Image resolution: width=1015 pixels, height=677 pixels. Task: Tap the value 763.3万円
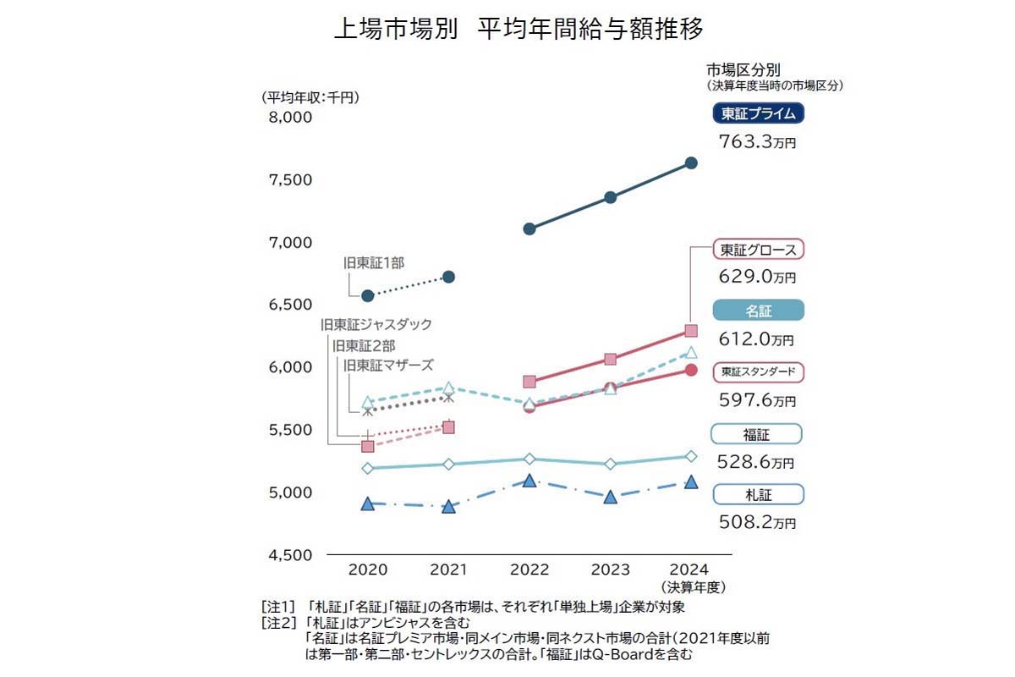point(757,141)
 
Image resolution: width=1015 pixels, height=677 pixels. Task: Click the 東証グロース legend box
point(758,250)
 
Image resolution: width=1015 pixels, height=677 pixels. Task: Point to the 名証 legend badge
point(758,311)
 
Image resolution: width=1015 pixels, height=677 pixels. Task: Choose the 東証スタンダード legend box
point(758,372)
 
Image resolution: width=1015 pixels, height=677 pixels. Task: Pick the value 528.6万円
point(757,462)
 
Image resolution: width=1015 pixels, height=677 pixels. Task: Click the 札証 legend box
point(758,494)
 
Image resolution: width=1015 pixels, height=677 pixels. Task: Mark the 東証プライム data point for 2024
point(691,162)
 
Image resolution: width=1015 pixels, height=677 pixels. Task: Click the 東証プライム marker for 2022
point(529,228)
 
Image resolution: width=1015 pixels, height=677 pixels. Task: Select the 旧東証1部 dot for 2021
point(449,277)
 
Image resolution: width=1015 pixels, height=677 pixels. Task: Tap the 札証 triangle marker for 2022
point(529,481)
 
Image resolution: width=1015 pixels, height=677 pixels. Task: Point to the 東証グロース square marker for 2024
point(691,331)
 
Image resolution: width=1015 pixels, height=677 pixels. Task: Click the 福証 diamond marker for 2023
point(611,464)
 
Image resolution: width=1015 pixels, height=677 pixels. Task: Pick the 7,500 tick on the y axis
point(290,180)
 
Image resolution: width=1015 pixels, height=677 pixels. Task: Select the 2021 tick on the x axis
point(449,570)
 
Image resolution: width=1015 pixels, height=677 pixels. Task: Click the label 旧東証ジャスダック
point(376,324)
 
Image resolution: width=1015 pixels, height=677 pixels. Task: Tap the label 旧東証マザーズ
point(388,365)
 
